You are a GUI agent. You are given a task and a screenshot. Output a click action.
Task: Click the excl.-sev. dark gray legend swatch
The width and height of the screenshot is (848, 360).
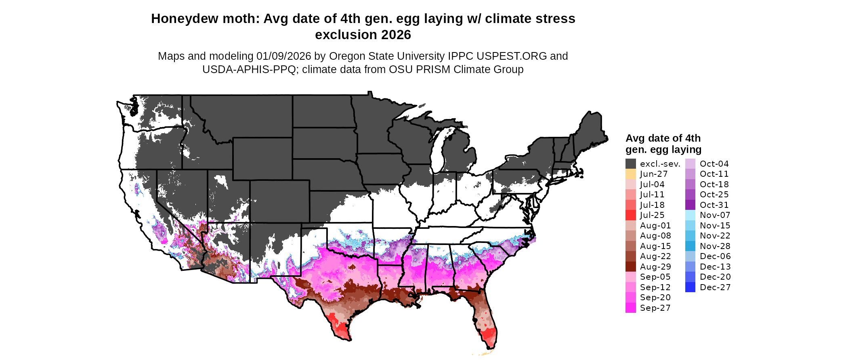[630, 163]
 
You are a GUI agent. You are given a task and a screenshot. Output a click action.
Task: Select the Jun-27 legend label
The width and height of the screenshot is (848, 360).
[653, 174]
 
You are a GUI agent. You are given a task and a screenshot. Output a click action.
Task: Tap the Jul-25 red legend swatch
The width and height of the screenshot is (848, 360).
[630, 215]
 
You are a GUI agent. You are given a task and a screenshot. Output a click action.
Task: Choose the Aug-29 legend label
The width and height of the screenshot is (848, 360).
[655, 267]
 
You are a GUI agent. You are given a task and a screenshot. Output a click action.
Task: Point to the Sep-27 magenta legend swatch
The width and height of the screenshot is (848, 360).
[630, 308]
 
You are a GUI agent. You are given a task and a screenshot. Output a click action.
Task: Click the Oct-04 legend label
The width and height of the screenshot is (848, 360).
[714, 164]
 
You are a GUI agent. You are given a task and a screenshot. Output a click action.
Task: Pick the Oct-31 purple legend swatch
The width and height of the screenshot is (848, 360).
[690, 205]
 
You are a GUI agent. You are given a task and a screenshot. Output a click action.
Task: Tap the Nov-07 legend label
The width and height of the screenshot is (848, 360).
[715, 215]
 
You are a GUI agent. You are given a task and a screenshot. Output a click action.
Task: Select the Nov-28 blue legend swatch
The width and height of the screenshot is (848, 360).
[690, 246]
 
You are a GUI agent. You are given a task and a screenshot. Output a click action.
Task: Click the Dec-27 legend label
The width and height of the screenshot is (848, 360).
[715, 287]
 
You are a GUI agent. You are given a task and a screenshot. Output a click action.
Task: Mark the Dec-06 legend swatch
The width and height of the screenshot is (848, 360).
[690, 256]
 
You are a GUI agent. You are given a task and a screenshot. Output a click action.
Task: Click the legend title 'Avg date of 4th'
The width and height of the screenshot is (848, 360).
[663, 138]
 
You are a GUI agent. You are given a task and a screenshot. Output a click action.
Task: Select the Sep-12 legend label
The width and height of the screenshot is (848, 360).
[655, 287]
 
